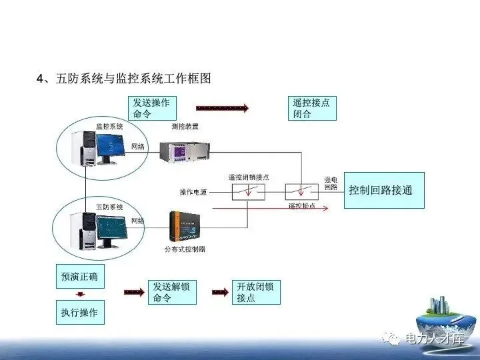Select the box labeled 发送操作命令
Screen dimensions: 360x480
point(152,109)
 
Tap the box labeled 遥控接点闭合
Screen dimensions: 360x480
point(311,109)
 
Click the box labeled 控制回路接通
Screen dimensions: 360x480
point(383,190)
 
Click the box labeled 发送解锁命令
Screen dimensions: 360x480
point(172,292)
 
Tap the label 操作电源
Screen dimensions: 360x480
point(193,192)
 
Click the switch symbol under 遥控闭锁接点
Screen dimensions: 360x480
point(249,192)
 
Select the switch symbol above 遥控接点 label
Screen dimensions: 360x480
point(301,192)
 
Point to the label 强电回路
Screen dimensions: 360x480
point(331,183)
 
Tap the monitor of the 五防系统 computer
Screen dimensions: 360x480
point(111,225)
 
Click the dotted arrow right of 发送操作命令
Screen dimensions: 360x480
point(222,107)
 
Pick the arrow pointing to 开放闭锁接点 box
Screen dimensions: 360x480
point(221,292)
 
